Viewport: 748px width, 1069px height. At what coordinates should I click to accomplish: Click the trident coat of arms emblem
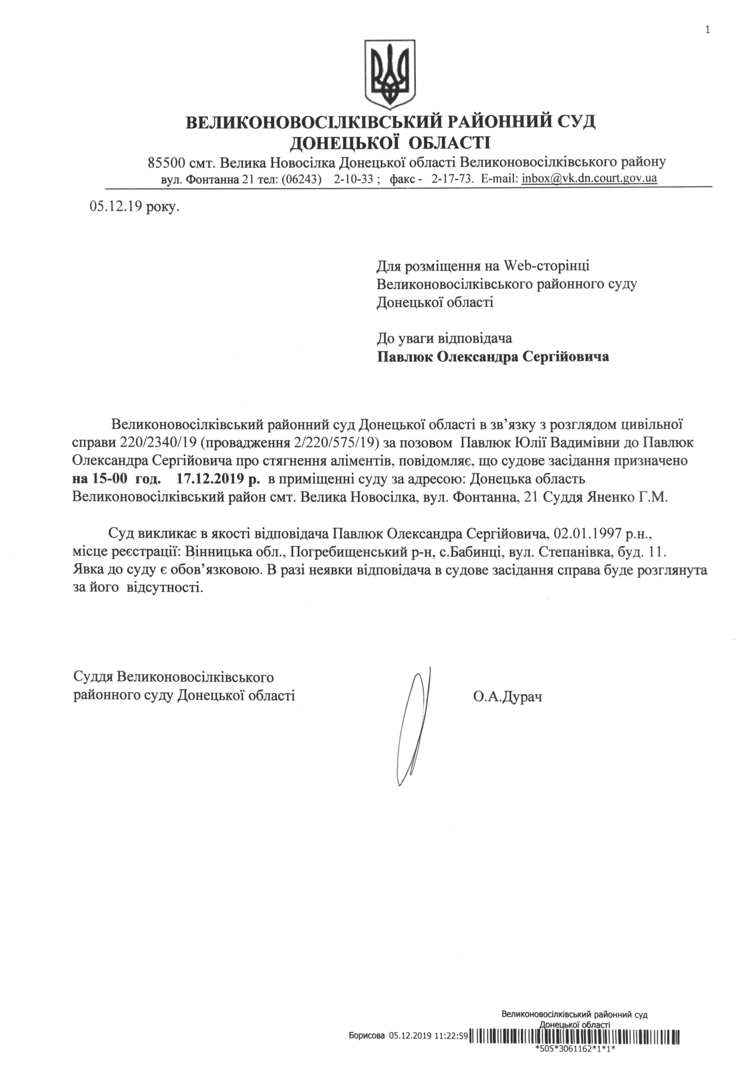click(x=389, y=73)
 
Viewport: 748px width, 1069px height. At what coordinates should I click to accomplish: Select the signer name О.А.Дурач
click(x=507, y=697)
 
